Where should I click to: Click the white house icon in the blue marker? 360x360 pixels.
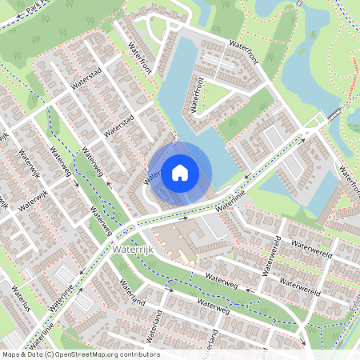tap(180, 171)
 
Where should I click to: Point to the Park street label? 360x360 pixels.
tap(34, 10)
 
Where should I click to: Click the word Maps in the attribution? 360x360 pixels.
tap(12, 354)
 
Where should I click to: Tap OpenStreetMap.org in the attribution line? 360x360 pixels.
tap(89, 354)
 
